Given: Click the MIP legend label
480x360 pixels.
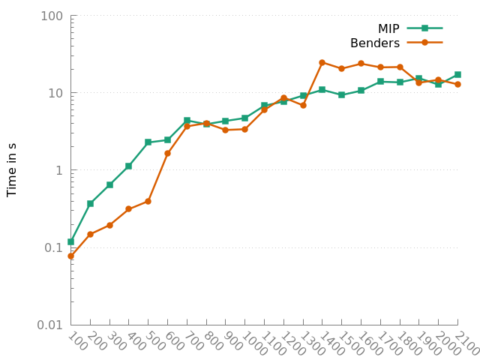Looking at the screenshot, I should (388, 28).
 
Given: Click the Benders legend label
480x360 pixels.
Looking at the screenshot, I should (375, 43).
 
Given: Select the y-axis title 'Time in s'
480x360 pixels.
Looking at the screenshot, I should (12, 169).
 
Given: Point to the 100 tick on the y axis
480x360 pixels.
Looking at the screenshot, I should (52, 16).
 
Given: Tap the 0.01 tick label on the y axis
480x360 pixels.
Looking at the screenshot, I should (49, 325).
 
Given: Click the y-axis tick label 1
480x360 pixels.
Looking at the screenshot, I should (61, 170).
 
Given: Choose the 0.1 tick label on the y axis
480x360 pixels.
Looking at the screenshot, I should (55, 247).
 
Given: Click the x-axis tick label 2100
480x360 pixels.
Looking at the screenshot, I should (466, 343).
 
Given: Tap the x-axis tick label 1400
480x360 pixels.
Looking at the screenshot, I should (331, 343).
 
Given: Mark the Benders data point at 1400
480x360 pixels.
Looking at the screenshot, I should (322, 63).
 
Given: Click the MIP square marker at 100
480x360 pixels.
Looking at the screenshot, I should (70, 241).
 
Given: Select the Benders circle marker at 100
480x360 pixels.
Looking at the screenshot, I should (70, 256).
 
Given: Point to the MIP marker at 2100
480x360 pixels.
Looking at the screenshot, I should (457, 74).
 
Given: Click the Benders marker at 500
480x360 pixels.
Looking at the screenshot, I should (148, 201).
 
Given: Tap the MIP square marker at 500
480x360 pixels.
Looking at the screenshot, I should (148, 142).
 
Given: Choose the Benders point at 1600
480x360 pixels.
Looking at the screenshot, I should (361, 64).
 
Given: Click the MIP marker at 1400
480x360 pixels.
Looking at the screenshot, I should (322, 90).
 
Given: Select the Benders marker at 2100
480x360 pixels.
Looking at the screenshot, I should (457, 84).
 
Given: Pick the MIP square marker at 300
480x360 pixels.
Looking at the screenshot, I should (109, 184).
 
